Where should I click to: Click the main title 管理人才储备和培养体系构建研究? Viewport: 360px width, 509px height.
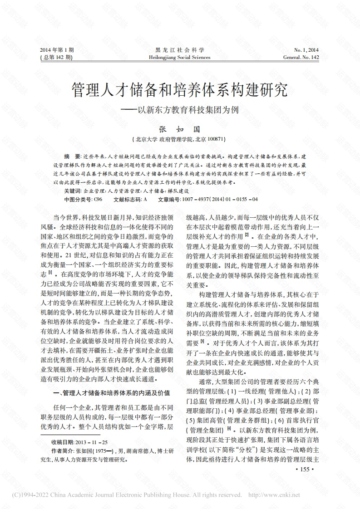pos(179,90)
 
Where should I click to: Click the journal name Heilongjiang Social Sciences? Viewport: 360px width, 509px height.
pos(179,58)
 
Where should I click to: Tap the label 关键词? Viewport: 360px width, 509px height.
pos(73,191)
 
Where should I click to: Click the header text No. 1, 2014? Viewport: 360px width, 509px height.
pos(306,50)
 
